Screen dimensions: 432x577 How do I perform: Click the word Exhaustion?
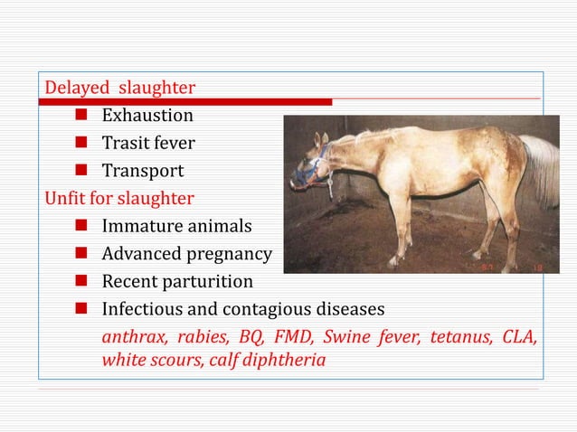point(147,116)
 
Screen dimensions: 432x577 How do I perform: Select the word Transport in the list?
point(142,171)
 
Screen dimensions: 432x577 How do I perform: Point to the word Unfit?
point(65,198)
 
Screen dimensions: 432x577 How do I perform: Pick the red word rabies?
point(200,338)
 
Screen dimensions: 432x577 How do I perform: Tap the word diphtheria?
point(281,359)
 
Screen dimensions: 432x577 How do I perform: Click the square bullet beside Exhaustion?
point(80,116)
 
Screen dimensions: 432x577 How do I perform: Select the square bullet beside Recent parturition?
point(80,282)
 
